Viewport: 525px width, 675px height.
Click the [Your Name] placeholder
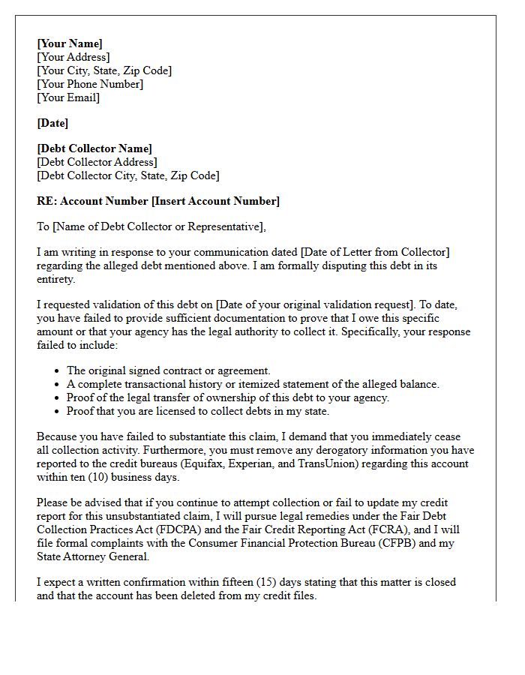click(70, 43)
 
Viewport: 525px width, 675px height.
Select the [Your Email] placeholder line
click(68, 97)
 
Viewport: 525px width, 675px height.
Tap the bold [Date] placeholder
click(52, 123)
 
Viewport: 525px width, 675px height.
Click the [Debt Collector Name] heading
click(94, 148)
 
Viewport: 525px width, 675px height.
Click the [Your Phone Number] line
click(90, 84)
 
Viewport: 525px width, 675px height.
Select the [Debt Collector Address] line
click(97, 162)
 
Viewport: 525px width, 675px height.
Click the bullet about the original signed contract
click(168, 370)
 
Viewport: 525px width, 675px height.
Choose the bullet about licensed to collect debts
click(198, 411)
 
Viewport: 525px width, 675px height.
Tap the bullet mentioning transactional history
click(253, 384)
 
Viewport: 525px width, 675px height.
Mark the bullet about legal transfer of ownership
click(228, 397)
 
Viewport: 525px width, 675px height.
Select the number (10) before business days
click(94, 477)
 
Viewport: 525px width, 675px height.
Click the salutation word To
click(43, 226)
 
